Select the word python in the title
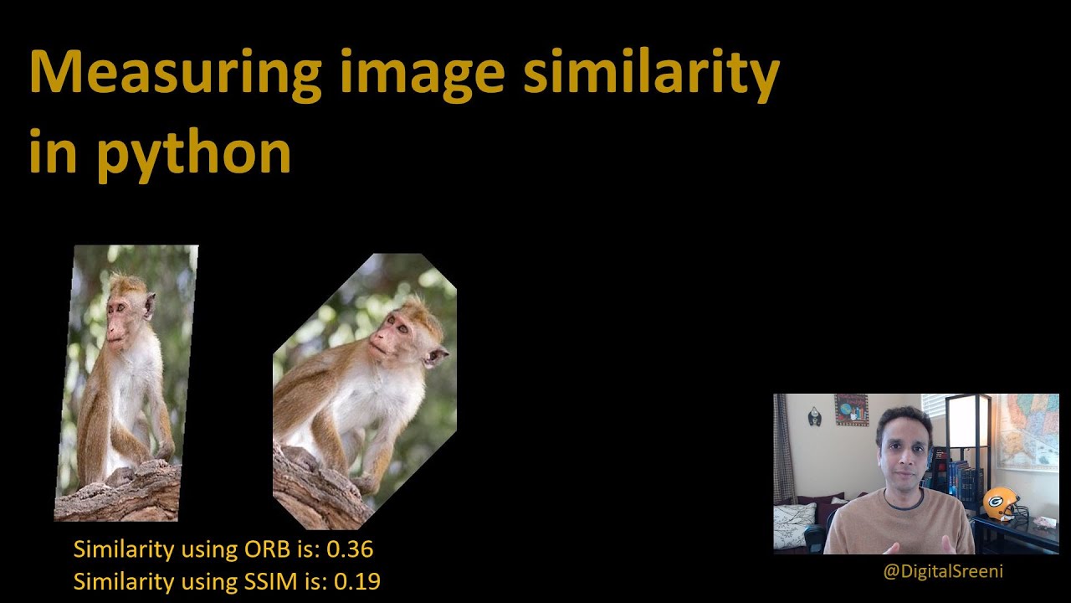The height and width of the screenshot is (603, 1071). coord(193,153)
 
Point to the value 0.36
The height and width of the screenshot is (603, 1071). coord(349,549)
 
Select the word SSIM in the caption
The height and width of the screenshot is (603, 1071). coord(273,580)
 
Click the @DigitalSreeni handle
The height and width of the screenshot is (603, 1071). coord(942,572)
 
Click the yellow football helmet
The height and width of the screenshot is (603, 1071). coord(1001,504)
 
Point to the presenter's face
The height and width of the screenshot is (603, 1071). coord(900,444)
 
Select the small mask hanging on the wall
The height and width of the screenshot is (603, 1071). coord(814,416)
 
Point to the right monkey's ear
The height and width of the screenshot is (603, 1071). coord(434,357)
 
